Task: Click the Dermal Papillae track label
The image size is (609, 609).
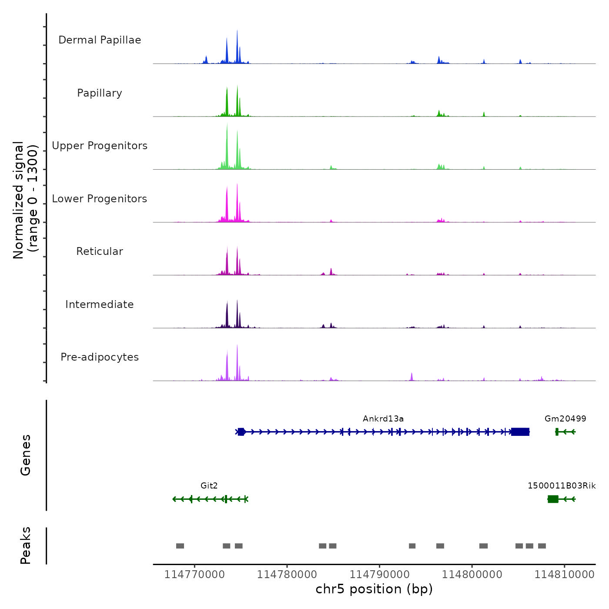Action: point(100,40)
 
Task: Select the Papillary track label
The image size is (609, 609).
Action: point(100,93)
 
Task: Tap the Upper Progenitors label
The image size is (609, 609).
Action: point(100,146)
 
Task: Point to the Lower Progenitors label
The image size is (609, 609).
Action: point(100,199)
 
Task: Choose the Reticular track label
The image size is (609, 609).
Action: point(100,251)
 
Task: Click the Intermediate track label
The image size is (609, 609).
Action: point(100,304)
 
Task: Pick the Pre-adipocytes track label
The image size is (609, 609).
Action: point(100,357)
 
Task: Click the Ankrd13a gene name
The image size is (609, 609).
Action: point(383,419)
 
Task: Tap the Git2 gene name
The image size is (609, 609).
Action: point(209,486)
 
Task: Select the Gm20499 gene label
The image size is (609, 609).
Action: point(565,419)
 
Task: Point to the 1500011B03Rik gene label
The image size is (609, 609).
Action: point(562,486)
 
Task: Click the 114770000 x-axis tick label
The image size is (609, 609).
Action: point(194,575)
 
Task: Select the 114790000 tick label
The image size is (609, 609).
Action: point(380,575)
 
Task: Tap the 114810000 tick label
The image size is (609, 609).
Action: point(565,575)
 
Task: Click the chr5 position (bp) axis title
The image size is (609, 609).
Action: point(374,589)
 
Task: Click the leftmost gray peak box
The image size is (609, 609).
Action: point(180,546)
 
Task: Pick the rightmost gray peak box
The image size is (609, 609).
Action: point(542,546)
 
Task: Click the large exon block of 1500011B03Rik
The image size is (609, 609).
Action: point(553,499)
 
